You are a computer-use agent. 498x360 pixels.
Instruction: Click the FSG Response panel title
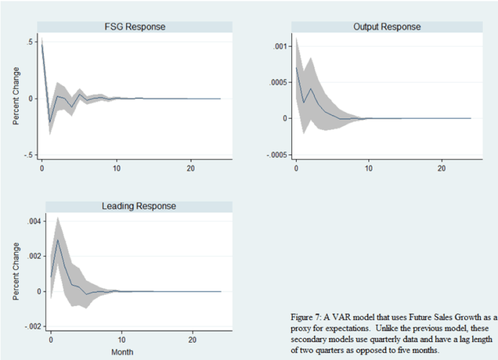[135, 27]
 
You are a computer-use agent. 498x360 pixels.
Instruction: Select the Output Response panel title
[387, 27]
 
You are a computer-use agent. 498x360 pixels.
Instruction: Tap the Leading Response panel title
[138, 206]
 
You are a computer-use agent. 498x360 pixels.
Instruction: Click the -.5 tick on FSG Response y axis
[29, 155]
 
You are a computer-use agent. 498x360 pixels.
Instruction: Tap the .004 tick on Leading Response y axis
[30, 221]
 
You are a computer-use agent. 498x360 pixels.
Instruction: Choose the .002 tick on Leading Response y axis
[30, 256]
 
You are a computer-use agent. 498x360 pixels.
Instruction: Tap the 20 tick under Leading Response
[192, 339]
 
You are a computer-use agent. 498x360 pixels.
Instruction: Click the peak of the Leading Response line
[58, 240]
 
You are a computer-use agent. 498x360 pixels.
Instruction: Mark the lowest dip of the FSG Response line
[49, 122]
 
